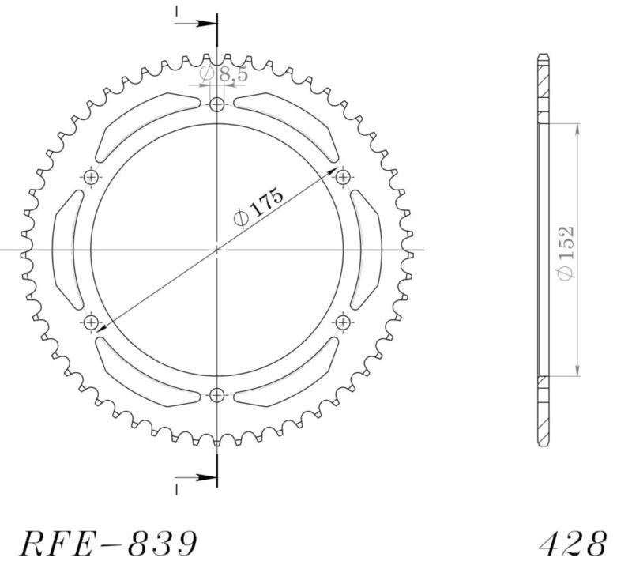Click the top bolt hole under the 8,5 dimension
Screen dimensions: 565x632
[x=218, y=104]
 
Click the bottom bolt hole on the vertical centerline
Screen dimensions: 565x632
[x=218, y=394]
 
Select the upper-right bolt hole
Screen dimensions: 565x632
[x=343, y=178]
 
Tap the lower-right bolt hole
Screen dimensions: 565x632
[x=343, y=322]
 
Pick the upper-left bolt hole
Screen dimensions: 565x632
[x=92, y=178]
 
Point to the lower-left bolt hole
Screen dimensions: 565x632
[x=92, y=322]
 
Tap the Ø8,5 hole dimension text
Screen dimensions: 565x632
[x=215, y=75]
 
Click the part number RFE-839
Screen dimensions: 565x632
[x=107, y=544]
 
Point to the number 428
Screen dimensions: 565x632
[x=574, y=544]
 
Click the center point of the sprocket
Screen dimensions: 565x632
[x=218, y=250]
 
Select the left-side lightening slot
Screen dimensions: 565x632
[x=66, y=250]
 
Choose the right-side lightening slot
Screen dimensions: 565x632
[x=368, y=250]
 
